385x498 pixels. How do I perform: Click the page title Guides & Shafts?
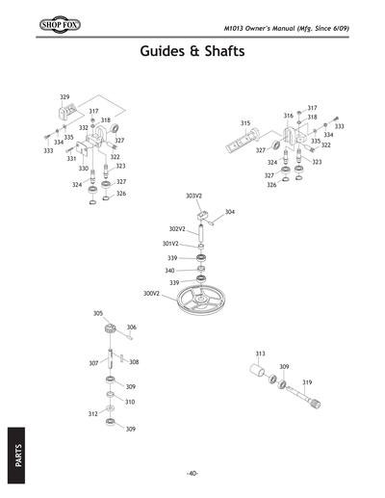point(192,49)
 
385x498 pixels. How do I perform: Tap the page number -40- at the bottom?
point(192,473)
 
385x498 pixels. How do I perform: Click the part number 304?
point(229,211)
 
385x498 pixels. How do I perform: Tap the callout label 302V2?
point(176,229)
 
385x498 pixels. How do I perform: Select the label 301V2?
point(169,244)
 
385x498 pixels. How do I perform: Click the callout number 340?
point(169,271)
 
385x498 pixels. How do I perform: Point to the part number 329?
point(64,97)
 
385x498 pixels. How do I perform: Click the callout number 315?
point(245,123)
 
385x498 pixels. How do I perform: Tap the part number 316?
point(288,116)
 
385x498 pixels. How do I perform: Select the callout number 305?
point(97,313)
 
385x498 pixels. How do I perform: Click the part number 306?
point(131,328)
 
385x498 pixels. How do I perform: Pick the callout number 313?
point(260,354)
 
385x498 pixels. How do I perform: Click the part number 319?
point(307,382)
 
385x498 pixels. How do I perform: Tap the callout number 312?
point(92,413)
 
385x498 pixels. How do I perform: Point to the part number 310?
point(130,402)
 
